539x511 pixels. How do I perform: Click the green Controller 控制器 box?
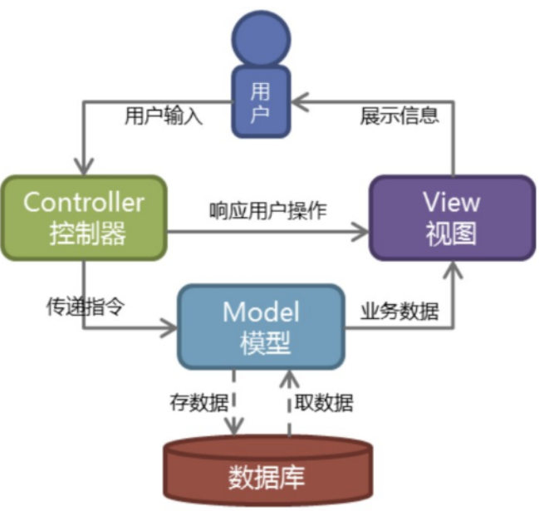pos(83,218)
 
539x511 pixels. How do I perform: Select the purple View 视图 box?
pos(452,218)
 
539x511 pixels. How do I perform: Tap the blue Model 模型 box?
pos(261,327)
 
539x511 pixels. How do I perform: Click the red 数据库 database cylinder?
pos(266,474)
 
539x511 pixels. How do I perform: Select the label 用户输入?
pos(163,115)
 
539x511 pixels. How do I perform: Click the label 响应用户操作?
pos(267,210)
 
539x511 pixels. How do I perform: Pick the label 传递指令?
pos(85,307)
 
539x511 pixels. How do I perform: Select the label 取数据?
pos(324,405)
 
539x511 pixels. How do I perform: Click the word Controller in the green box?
pos(83,202)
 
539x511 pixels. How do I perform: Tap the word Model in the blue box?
pos(261,312)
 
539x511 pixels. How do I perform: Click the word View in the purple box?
pos(452,202)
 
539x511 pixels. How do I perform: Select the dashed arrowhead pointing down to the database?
pos(235,427)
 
